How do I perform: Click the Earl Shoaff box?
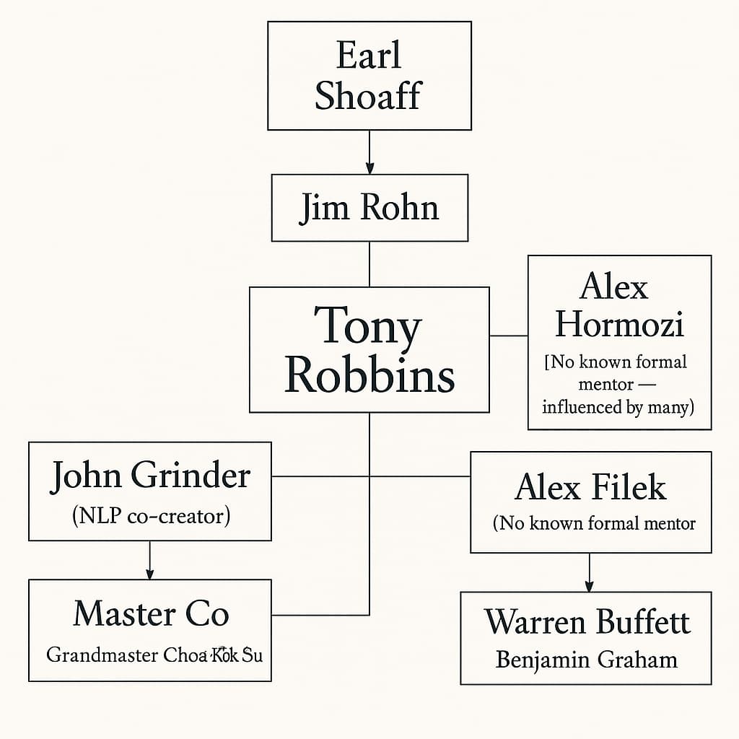pyautogui.click(x=369, y=75)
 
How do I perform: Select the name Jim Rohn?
pyautogui.click(x=369, y=208)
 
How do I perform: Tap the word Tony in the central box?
pyautogui.click(x=367, y=327)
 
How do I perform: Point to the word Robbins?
pyautogui.click(x=369, y=375)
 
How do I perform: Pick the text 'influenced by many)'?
pyautogui.click(x=618, y=407)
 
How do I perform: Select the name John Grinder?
pyautogui.click(x=150, y=476)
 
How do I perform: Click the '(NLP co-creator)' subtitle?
pyautogui.click(x=150, y=516)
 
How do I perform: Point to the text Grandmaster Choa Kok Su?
pyautogui.click(x=154, y=655)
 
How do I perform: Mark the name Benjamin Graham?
pyautogui.click(x=586, y=660)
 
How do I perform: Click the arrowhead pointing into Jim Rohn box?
pyautogui.click(x=369, y=168)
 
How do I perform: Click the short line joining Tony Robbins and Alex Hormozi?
pyautogui.click(x=509, y=336)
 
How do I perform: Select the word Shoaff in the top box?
pyautogui.click(x=367, y=97)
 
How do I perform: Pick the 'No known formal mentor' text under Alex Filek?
pyautogui.click(x=593, y=523)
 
